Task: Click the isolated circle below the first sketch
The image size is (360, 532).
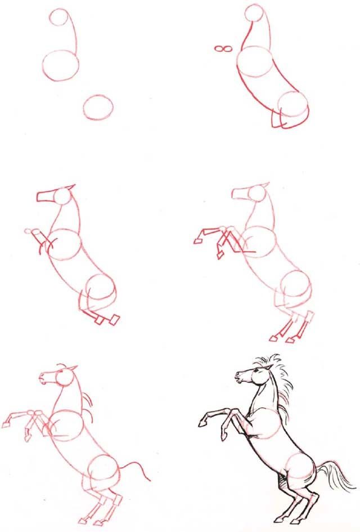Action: [98, 106]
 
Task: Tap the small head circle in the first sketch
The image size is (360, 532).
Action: [58, 18]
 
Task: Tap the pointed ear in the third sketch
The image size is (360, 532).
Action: [70, 187]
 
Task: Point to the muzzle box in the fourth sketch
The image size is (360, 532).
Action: [239, 193]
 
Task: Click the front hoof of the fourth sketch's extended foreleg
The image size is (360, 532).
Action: [198, 241]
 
